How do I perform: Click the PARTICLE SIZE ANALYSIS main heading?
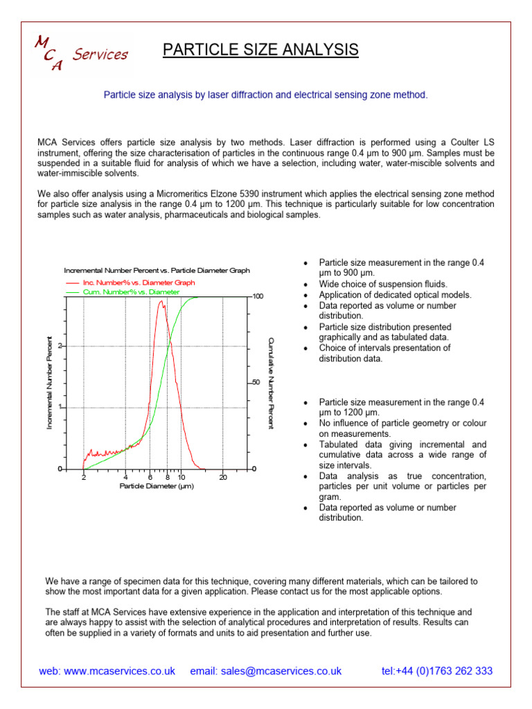click(260, 50)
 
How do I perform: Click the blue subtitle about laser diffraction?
click(265, 94)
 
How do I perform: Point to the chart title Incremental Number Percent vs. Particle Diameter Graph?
click(157, 271)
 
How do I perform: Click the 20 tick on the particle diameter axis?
click(223, 477)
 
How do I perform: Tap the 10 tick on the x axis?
click(181, 477)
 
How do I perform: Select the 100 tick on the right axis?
click(258, 296)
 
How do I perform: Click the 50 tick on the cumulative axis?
click(256, 383)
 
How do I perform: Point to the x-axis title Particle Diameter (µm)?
click(156, 486)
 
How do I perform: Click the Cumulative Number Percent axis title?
click(271, 383)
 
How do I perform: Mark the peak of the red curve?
click(161, 301)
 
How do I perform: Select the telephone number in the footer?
click(436, 671)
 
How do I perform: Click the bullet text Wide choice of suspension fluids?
click(383, 284)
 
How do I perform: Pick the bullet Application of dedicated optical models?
click(395, 294)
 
